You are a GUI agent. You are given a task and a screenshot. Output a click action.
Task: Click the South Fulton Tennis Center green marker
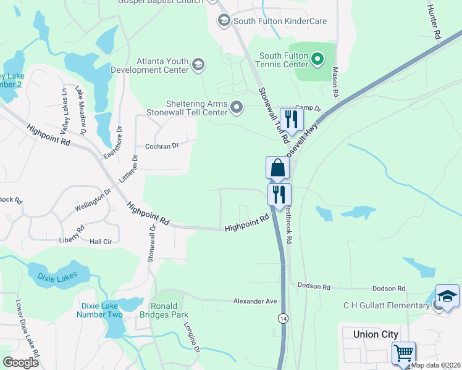pos(318,60)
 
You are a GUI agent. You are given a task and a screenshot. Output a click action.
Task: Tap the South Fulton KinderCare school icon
pos(224,21)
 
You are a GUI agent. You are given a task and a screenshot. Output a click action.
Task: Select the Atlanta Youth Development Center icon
pos(198,64)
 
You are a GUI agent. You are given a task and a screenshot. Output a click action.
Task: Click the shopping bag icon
pos(277,168)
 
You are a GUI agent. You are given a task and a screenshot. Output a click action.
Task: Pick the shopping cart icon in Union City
pos(403,353)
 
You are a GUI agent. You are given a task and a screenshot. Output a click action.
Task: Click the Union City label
pos(374,334)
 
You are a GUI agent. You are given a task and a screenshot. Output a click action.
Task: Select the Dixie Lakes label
pos(57,279)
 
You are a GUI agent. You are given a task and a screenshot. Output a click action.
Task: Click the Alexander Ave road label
pos(256,301)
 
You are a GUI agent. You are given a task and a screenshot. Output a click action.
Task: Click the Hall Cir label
pos(101,242)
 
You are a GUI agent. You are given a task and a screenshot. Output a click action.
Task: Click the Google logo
pos(20,363)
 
